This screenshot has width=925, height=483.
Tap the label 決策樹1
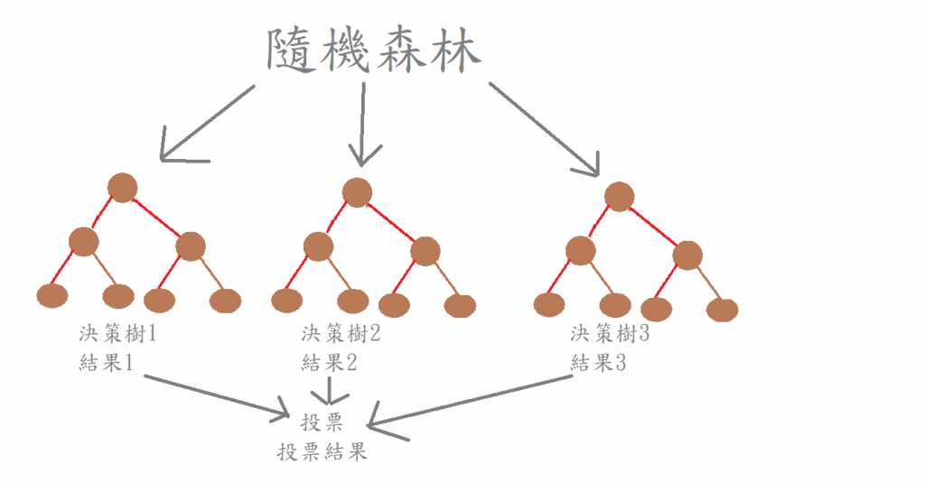(x=118, y=334)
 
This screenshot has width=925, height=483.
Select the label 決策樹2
(x=341, y=334)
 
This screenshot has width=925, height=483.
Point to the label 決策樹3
(x=611, y=334)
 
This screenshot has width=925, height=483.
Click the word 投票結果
(x=322, y=451)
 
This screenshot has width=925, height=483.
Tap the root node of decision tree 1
(x=122, y=188)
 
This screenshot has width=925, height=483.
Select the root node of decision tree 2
(x=358, y=192)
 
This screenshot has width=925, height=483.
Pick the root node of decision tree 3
(x=619, y=196)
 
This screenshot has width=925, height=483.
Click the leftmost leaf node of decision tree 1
(x=52, y=295)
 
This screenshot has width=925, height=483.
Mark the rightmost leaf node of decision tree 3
(x=722, y=310)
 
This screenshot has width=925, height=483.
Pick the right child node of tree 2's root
(x=425, y=251)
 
